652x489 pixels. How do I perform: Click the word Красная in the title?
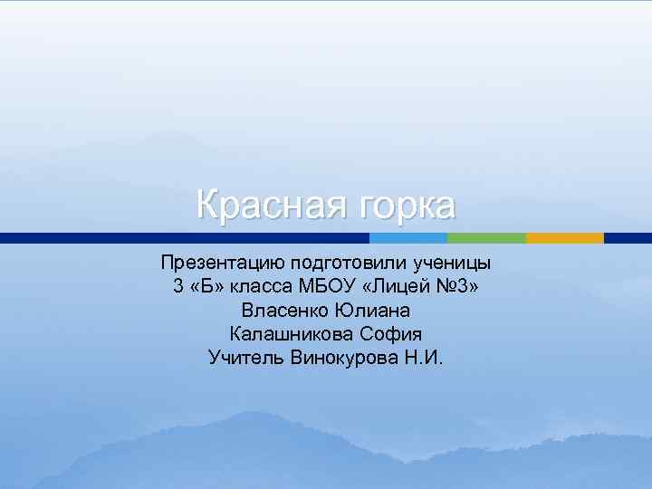click(262, 206)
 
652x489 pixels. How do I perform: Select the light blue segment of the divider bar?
click(408, 238)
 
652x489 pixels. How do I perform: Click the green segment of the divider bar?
click(486, 238)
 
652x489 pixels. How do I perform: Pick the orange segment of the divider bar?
click(564, 238)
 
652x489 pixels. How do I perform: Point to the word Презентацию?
click(222, 264)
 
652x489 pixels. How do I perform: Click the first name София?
click(391, 334)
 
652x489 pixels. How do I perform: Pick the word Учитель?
click(246, 358)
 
